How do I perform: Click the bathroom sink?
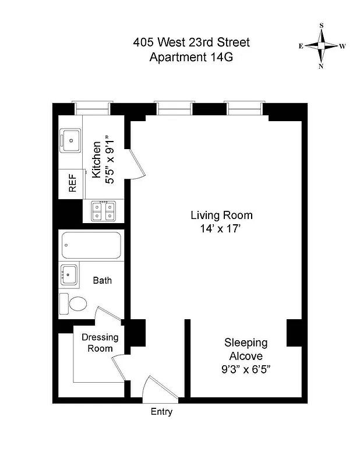tap(69, 273)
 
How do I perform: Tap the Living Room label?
tap(213, 215)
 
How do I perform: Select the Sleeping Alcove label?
tap(246, 349)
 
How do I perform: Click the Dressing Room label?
tap(100, 343)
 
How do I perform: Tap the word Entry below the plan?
tap(161, 412)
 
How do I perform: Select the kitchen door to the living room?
tap(135, 163)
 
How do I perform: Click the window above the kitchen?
tap(91, 108)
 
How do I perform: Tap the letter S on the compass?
tap(322, 26)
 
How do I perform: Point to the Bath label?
tap(103, 280)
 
